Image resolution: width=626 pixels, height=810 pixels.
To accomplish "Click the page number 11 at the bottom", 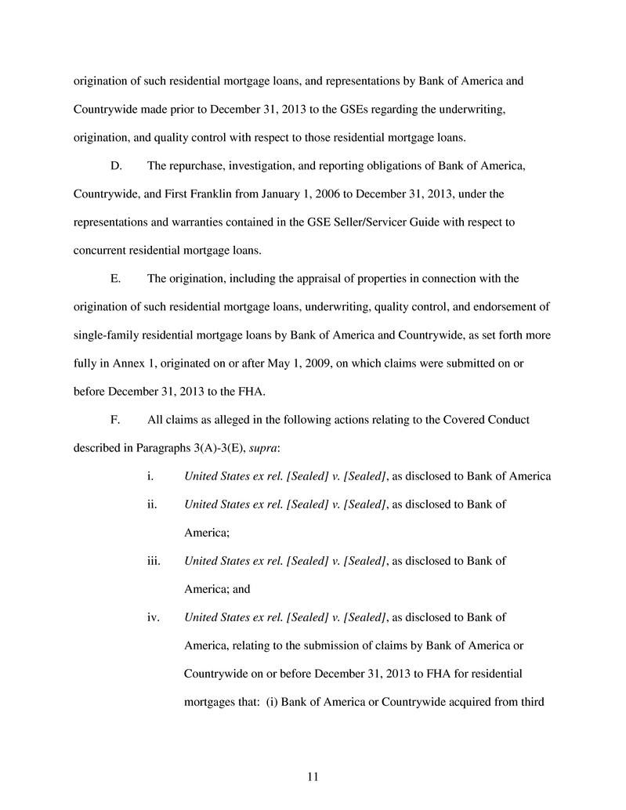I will tap(313, 777).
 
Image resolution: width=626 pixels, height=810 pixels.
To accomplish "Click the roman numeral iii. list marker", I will tap(154, 561).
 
